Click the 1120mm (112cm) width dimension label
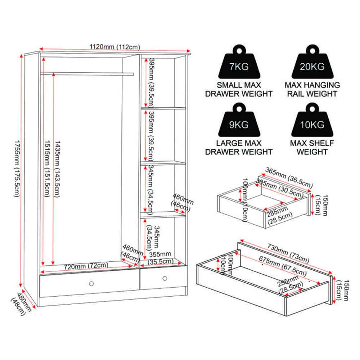[114, 47]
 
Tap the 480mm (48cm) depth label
[21, 304]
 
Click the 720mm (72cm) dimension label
[86, 266]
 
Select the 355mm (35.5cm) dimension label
[160, 258]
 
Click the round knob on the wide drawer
[91, 284]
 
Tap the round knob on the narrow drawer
[165, 278]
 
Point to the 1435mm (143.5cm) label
[57, 169]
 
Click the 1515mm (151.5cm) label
[47, 169]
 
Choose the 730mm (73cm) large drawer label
[288, 253]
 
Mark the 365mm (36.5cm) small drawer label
[289, 177]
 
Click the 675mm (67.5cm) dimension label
[283, 266]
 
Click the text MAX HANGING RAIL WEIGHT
[312, 89]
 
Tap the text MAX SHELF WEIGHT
[312, 147]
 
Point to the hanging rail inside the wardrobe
[87, 74]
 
